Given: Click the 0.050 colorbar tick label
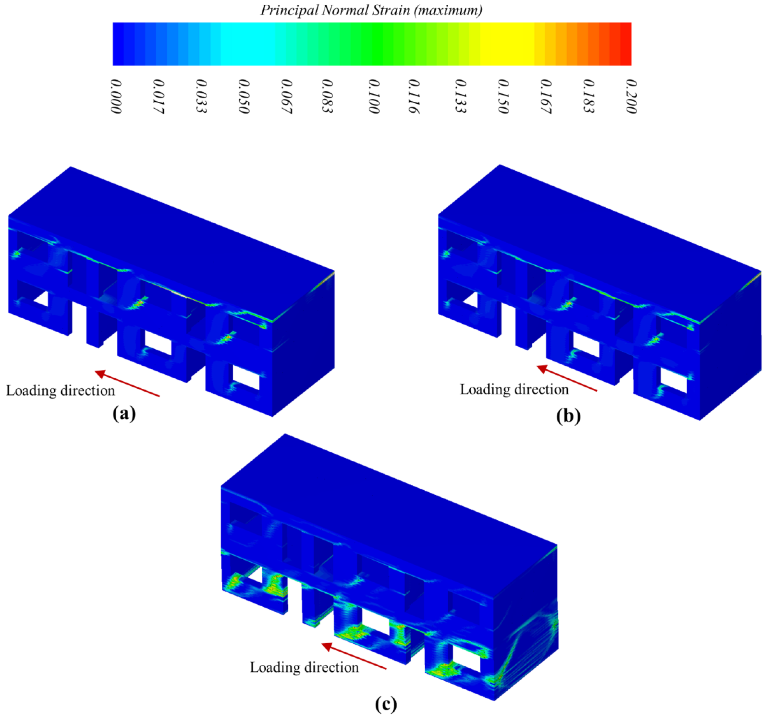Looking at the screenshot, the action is coord(244,96).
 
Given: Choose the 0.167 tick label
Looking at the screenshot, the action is coord(546,96).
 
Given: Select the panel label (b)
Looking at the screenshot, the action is coord(568,416).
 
